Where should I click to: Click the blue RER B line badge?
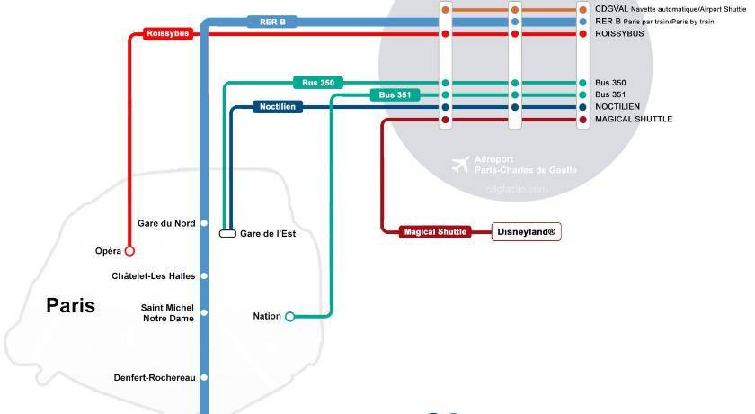point(272,22)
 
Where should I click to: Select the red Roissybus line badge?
point(167,34)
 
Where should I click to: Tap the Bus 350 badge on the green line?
point(318,83)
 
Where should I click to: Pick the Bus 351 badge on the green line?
point(395,94)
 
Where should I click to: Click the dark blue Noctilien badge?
point(277,107)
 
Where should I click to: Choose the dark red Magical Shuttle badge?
point(436,231)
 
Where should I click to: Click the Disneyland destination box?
point(527,231)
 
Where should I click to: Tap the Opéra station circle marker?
point(129,251)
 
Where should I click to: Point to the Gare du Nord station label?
point(166,223)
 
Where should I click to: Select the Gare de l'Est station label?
point(268,234)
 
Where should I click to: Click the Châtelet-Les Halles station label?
point(154,275)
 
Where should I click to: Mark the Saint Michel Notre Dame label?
point(167,312)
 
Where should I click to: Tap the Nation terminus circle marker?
point(289,316)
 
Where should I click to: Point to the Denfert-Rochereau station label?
point(155,377)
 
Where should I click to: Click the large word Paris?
point(71,306)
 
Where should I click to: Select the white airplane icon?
point(460,165)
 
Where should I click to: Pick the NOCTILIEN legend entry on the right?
point(617,106)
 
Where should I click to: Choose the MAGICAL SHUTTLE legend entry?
point(633,119)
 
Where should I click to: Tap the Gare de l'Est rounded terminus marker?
point(227,234)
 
